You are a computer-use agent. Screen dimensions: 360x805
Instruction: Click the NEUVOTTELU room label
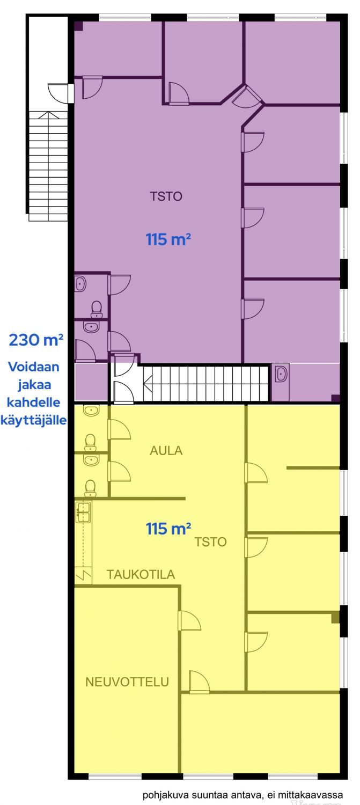pos(127,682)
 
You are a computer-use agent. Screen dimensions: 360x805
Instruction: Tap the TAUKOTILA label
pos(141,574)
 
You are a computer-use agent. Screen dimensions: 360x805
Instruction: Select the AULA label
pos(166,450)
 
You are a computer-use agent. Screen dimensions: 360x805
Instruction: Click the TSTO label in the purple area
pos(166,196)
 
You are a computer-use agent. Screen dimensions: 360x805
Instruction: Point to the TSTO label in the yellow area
pos(210,541)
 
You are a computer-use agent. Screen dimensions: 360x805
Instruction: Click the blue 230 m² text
pos(36,340)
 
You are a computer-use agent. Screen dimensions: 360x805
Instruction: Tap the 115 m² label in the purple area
pos(168,239)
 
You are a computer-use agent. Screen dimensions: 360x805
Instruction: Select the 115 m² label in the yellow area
pos(168,529)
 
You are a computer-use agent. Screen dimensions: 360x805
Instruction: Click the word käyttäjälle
pos(33,420)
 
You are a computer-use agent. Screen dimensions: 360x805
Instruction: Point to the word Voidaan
pos(34,367)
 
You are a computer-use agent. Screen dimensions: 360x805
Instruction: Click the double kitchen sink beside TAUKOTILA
pos(83,513)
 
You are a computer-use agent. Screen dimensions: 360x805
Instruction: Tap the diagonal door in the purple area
pos(246,96)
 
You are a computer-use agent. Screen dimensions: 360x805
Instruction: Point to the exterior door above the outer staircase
pos(58,93)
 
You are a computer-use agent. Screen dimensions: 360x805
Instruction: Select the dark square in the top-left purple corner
pos(78,26)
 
